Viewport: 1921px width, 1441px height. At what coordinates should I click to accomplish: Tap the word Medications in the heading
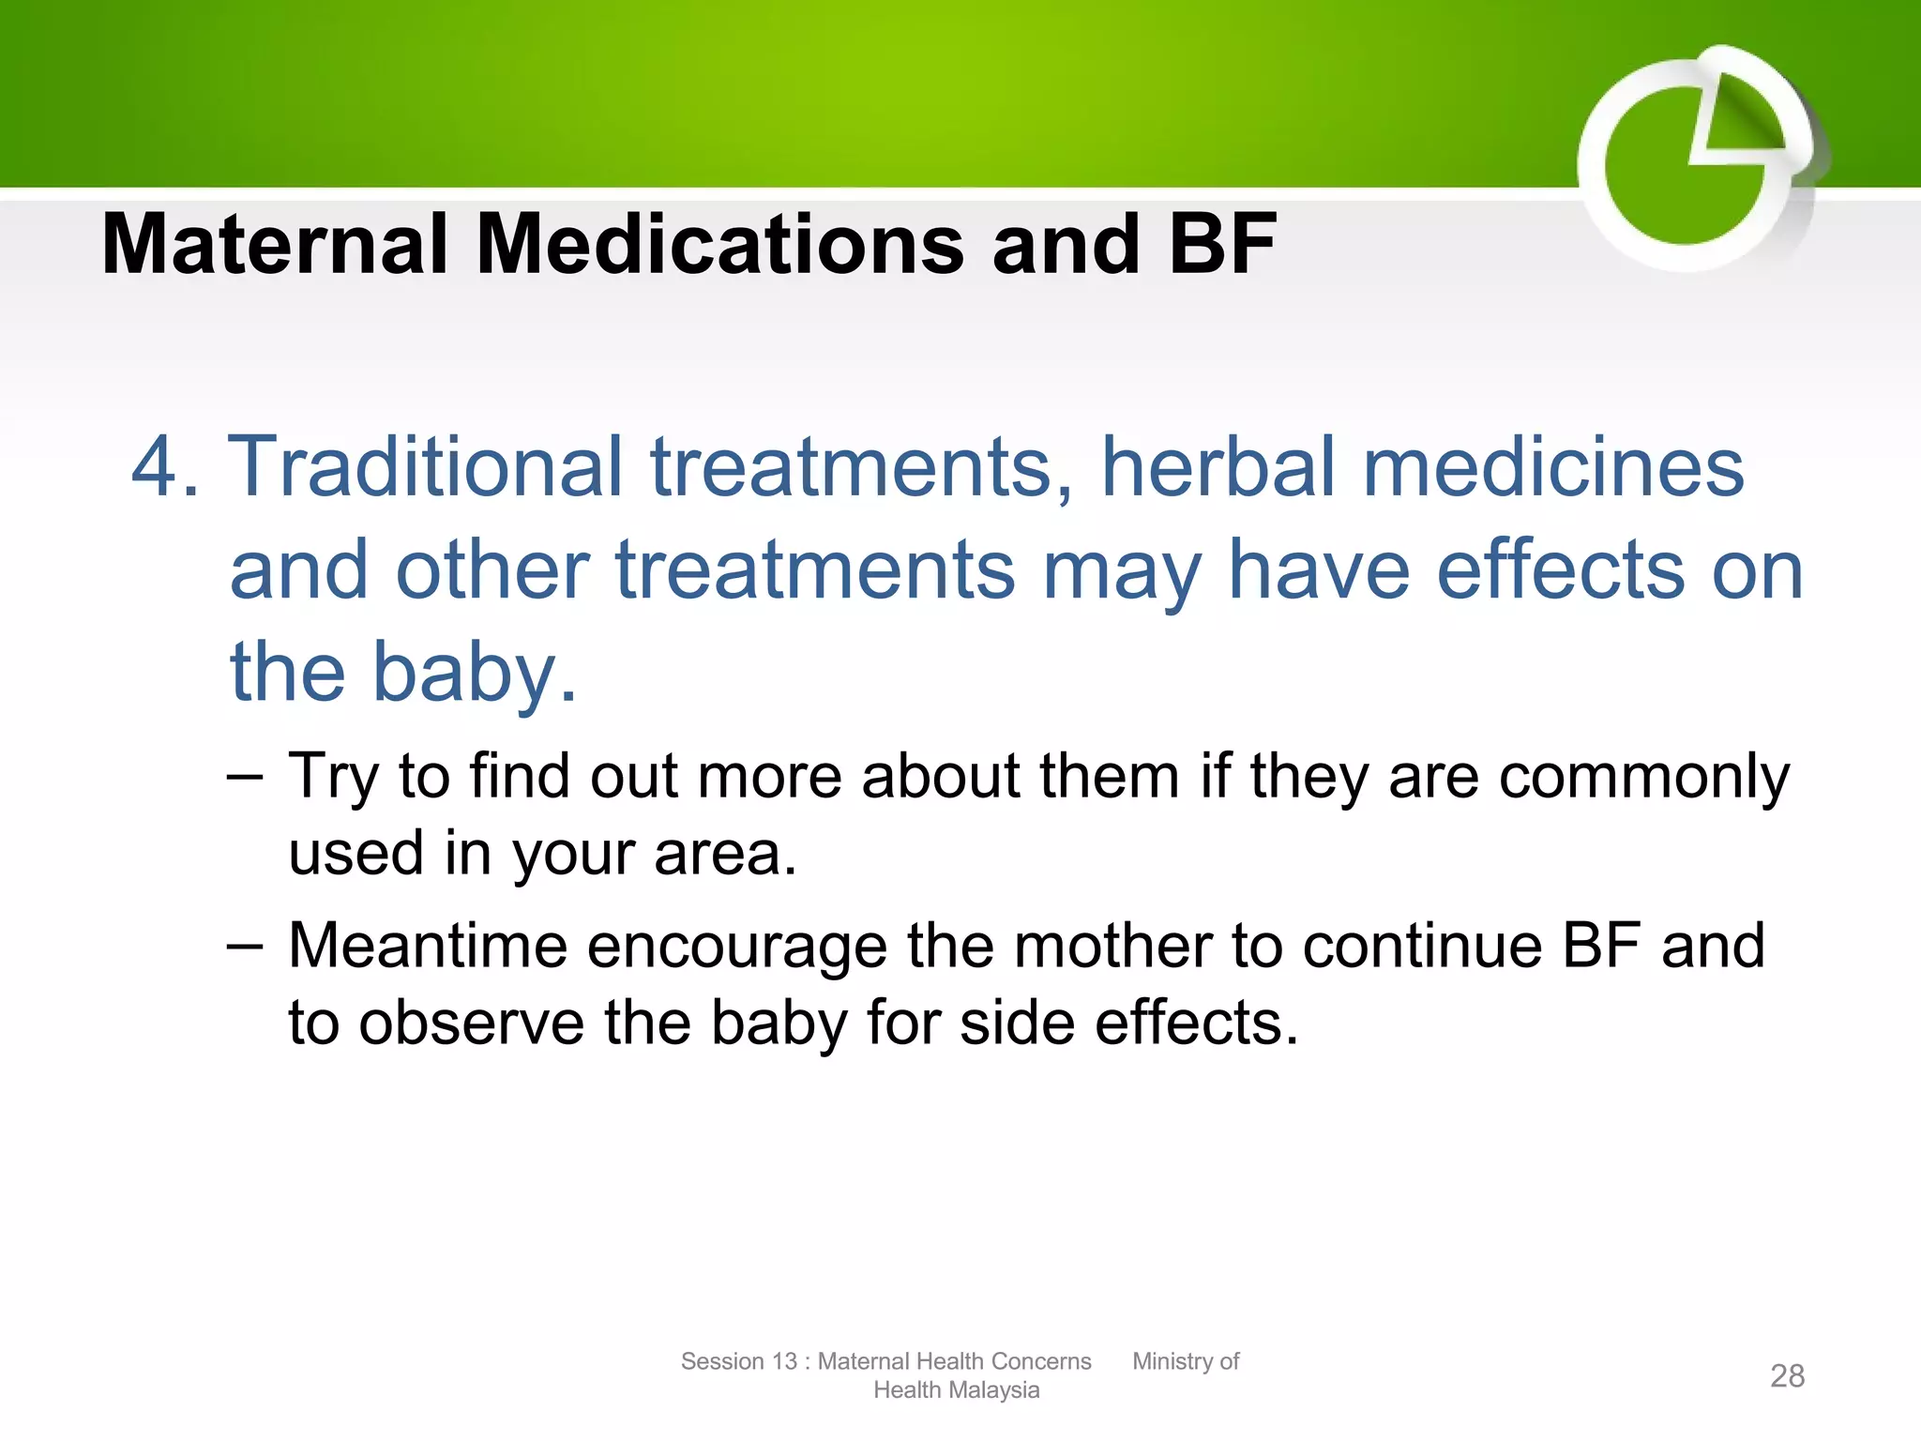719,244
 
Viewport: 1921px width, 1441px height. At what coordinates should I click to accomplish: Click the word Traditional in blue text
427,466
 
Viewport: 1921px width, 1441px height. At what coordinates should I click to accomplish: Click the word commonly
1643,779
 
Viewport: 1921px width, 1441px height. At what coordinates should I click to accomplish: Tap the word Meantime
427,946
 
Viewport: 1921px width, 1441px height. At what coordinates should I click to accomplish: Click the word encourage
737,946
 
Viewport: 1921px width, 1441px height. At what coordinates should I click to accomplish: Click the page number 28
1787,1376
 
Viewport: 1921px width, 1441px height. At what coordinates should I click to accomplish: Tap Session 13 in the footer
738,1361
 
